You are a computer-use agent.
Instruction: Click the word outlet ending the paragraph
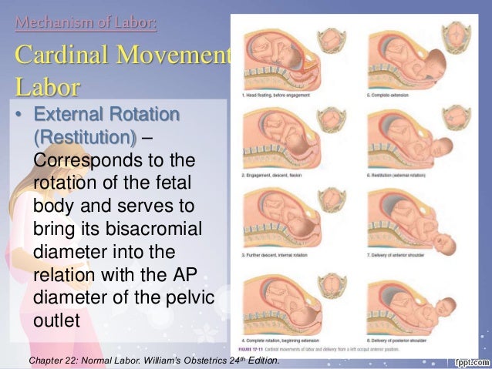pyautogui.click(x=57, y=319)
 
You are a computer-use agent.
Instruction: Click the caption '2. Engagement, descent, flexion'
pyautogui.click(x=274, y=175)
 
